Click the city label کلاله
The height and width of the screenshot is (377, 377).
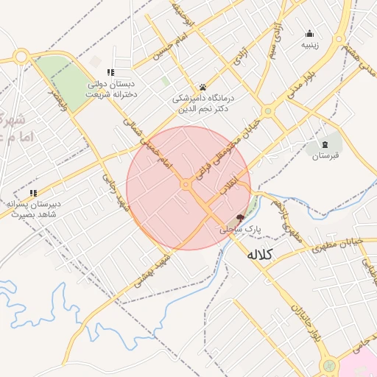point(259,255)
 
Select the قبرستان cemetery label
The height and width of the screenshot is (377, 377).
point(325,156)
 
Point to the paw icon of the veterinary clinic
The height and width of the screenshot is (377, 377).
point(202,86)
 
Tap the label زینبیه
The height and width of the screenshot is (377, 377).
point(309,44)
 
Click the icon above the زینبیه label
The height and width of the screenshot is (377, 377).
point(309,33)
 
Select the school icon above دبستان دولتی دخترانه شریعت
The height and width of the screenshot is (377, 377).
point(110,72)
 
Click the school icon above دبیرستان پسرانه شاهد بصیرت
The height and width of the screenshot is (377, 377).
point(33,193)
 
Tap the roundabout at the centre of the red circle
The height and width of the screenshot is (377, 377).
point(188,184)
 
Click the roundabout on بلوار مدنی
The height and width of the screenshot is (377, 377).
point(268,111)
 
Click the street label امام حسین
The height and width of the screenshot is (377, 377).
point(166,46)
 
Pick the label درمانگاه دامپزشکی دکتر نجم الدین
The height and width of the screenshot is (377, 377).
point(202,102)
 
